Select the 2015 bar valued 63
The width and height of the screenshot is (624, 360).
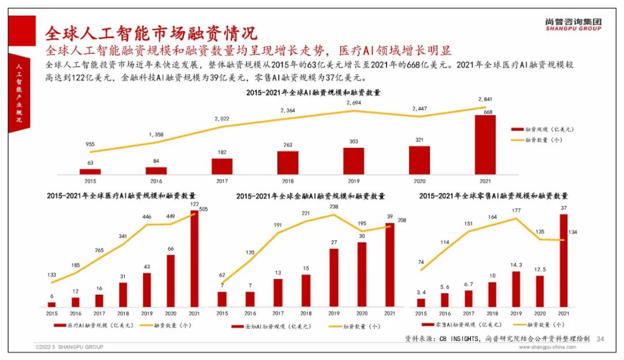[90, 171]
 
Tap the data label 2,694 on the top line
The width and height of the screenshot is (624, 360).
[354, 102]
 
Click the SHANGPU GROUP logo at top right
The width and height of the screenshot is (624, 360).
[573, 24]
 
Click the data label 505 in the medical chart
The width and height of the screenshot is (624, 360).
[203, 210]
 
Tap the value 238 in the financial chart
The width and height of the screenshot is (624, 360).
[335, 207]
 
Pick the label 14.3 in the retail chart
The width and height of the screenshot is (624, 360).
[516, 266]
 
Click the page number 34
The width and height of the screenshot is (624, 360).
[600, 339]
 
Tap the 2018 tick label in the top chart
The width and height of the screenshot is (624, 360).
[288, 180]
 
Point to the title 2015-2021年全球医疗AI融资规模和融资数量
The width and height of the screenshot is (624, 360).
[121, 196]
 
